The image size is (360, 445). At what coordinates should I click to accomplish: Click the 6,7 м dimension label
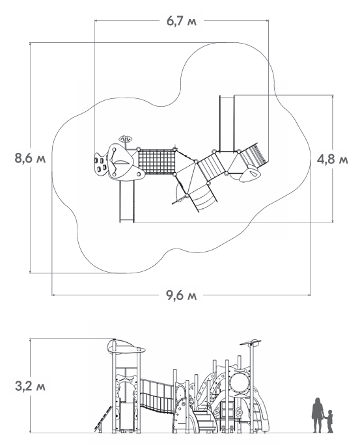181,21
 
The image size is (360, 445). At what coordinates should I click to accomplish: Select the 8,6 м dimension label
30,158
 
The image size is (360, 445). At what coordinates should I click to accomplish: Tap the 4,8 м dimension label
333,160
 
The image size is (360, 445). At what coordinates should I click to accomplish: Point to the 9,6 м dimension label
181,295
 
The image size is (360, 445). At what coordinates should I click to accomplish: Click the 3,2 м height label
30,386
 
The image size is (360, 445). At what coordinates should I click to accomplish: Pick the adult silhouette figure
317,415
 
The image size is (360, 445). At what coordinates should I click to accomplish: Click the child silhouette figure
329,421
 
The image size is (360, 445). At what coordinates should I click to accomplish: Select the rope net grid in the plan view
157,161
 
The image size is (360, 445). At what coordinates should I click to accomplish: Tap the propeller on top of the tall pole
251,342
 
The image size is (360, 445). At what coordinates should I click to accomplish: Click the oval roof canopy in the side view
126,347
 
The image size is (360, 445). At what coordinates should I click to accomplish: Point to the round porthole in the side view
239,382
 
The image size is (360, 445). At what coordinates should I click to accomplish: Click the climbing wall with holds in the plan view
101,165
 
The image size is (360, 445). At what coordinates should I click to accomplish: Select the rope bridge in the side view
157,396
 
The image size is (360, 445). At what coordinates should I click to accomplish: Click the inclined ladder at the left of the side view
103,420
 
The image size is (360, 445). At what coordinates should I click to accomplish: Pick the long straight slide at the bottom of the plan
127,201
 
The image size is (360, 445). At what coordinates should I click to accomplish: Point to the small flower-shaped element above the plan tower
125,139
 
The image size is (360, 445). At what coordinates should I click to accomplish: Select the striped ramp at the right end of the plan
253,155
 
